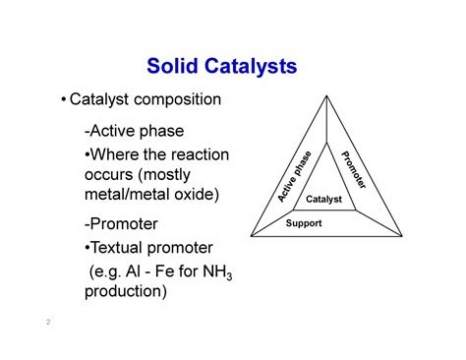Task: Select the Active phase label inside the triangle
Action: pyautogui.click(x=294, y=176)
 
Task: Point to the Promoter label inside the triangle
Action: pyautogui.click(x=353, y=169)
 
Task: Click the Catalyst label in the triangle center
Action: pyautogui.click(x=323, y=200)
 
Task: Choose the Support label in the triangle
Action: pyautogui.click(x=303, y=222)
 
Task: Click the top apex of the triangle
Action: pyautogui.click(x=325, y=95)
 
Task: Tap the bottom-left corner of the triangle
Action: pyautogui.click(x=251, y=236)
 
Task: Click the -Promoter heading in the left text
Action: pyautogui.click(x=122, y=224)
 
